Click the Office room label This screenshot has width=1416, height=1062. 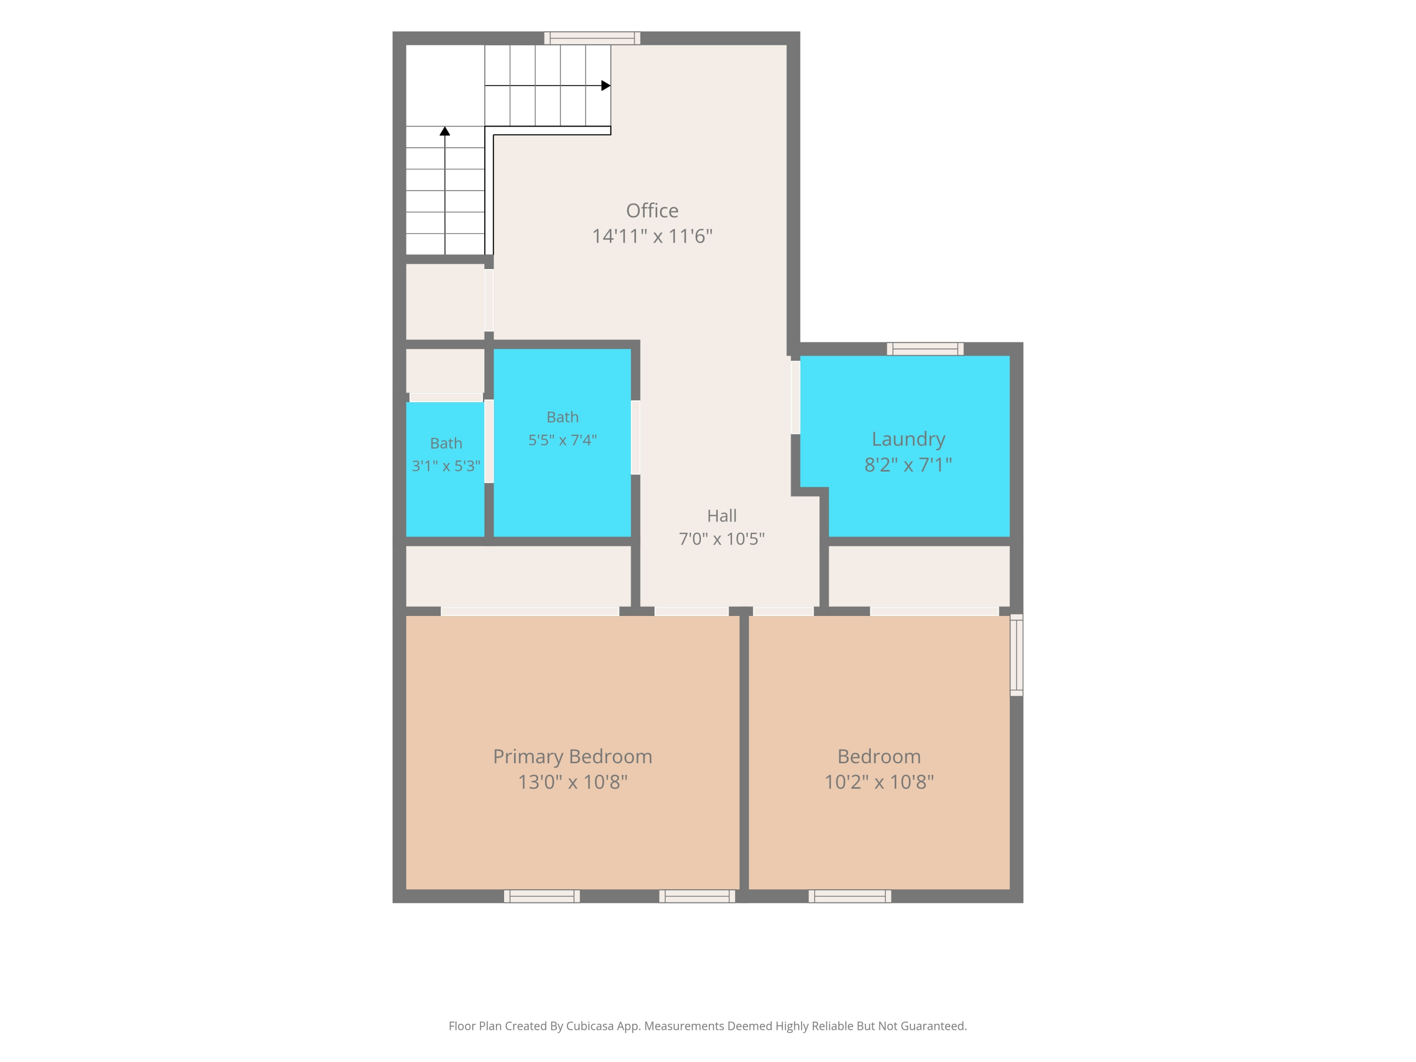click(x=652, y=210)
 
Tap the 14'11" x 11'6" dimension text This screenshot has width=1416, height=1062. click(x=652, y=236)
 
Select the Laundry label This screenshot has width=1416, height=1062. click(x=909, y=439)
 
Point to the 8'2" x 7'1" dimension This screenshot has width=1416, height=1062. click(x=909, y=465)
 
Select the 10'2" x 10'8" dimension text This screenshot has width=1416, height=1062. click(x=879, y=782)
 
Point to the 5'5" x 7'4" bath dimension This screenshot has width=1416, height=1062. click(x=562, y=440)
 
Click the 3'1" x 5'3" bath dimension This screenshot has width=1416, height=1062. click(x=446, y=466)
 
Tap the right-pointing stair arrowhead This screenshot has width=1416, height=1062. click(x=606, y=85)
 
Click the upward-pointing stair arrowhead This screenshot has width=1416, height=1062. click(x=445, y=131)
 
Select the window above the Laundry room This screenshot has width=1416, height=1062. click(x=925, y=349)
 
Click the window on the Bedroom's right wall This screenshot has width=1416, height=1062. click(x=1017, y=655)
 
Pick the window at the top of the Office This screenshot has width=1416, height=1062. click(x=592, y=38)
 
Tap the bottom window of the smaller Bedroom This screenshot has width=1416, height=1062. click(x=850, y=896)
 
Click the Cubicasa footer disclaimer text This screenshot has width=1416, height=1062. click(x=708, y=1026)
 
